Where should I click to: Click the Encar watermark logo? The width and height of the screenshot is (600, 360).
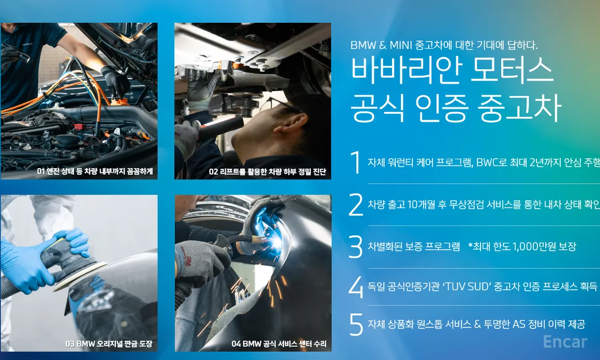[x=565, y=341]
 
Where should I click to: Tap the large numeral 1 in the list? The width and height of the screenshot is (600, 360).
[x=356, y=162]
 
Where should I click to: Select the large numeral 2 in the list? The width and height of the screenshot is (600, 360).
[x=356, y=205]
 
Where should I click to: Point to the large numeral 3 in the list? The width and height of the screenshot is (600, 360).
[x=356, y=247]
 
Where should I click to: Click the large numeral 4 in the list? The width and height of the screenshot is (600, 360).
[x=356, y=287]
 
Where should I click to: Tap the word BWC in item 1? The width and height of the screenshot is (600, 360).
[x=486, y=162]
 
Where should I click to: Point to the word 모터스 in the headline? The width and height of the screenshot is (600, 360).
[x=512, y=70]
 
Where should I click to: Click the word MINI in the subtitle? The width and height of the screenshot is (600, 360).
[x=401, y=45]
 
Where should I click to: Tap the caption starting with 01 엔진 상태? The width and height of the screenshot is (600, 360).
[x=95, y=171]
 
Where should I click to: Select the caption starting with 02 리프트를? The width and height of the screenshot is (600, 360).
[x=267, y=172]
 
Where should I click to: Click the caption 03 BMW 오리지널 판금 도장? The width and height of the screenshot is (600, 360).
[x=109, y=343]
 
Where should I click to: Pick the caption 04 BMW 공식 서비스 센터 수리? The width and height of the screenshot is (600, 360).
[x=279, y=343]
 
